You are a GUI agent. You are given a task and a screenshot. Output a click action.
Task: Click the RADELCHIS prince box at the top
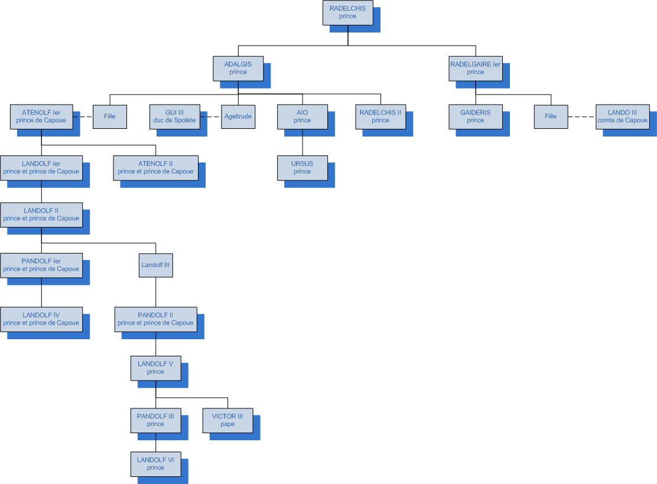[347, 12]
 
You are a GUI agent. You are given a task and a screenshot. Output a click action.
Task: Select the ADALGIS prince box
[238, 68]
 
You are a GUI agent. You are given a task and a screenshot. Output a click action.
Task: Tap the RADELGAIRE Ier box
[475, 68]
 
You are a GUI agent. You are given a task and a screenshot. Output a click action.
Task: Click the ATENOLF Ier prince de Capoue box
[41, 116]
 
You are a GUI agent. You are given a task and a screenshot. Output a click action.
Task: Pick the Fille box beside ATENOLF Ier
[110, 116]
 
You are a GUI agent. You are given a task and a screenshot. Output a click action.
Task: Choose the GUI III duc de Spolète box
[174, 116]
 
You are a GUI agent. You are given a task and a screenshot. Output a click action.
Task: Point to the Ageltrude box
[238, 116]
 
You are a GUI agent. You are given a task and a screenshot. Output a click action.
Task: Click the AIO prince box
[302, 116]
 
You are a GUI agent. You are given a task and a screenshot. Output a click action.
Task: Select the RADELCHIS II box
[380, 116]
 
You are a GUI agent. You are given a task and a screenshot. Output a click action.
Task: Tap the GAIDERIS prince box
[475, 116]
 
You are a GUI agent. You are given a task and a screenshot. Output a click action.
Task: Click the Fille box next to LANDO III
[551, 116]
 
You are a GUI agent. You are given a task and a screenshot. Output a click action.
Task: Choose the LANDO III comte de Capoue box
[622, 116]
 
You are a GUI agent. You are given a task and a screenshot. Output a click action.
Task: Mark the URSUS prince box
[302, 167]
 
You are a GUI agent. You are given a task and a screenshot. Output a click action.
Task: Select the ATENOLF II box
[155, 167]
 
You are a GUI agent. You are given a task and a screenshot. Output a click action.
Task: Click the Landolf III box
[155, 265]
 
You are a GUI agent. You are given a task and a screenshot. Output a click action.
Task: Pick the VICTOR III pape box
[227, 420]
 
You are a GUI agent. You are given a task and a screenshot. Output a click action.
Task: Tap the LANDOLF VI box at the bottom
[155, 463]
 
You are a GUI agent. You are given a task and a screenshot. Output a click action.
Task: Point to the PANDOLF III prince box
[155, 420]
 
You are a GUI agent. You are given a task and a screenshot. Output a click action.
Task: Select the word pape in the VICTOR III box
[227, 424]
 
